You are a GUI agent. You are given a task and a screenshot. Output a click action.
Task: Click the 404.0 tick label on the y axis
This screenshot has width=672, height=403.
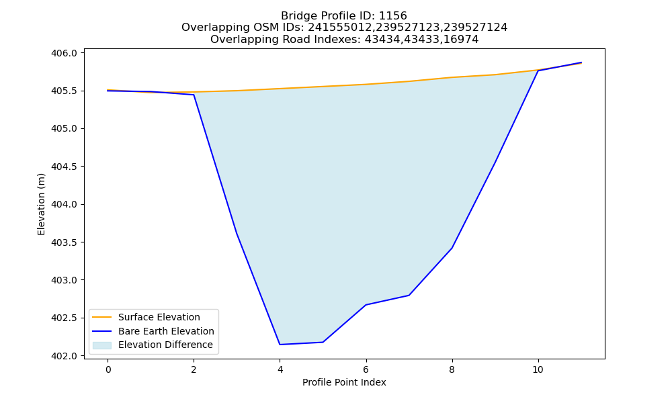[x=65, y=205]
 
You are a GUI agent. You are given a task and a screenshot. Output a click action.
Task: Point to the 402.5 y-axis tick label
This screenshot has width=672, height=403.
[x=65, y=318]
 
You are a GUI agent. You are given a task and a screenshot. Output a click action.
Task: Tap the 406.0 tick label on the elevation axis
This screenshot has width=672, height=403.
[x=65, y=53]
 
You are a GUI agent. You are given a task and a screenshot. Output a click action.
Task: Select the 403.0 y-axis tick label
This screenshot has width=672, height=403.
[x=65, y=281]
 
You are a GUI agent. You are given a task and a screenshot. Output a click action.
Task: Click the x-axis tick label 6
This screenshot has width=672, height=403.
[x=366, y=369]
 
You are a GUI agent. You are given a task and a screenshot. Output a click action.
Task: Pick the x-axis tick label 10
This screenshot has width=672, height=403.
[x=538, y=369]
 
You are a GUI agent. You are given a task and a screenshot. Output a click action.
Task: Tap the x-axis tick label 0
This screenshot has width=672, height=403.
[x=108, y=369]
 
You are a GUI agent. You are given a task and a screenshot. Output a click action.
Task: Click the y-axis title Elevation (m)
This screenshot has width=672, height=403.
[x=41, y=204]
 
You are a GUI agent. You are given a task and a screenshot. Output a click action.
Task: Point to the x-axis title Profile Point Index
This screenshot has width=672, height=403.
[x=344, y=382]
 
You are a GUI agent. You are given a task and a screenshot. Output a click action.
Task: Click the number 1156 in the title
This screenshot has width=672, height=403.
[x=393, y=16]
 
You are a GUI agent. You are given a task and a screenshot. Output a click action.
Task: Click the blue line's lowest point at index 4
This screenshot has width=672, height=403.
[x=280, y=345]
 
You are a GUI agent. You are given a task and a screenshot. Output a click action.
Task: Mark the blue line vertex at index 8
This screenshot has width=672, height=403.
[x=452, y=248]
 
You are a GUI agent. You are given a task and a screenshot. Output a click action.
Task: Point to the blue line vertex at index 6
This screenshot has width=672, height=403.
[x=366, y=304]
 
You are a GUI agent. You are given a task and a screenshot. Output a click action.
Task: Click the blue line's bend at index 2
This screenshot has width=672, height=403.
[x=194, y=95]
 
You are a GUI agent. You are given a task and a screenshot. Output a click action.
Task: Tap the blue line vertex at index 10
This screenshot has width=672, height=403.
[x=538, y=71]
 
